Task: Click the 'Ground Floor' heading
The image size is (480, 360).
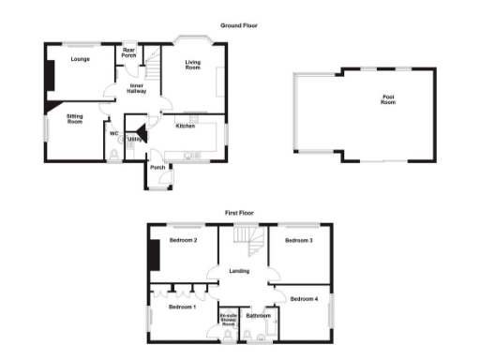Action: coord(239,25)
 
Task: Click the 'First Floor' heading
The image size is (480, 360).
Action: coord(239,214)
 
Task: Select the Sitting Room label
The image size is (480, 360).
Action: coord(75,119)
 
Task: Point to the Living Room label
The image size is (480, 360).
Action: coord(193,65)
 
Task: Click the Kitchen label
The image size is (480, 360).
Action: coord(186,127)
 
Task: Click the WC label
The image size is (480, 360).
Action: coord(113,133)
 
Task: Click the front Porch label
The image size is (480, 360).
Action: coord(158,168)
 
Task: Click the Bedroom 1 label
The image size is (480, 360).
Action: coord(182,307)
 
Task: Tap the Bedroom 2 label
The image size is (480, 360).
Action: coord(183,241)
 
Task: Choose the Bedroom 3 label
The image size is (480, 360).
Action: coord(298,241)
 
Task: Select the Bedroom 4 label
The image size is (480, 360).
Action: coord(304,299)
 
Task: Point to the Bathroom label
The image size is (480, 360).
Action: coord(258,316)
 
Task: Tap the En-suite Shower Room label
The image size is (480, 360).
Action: coord(228,320)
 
